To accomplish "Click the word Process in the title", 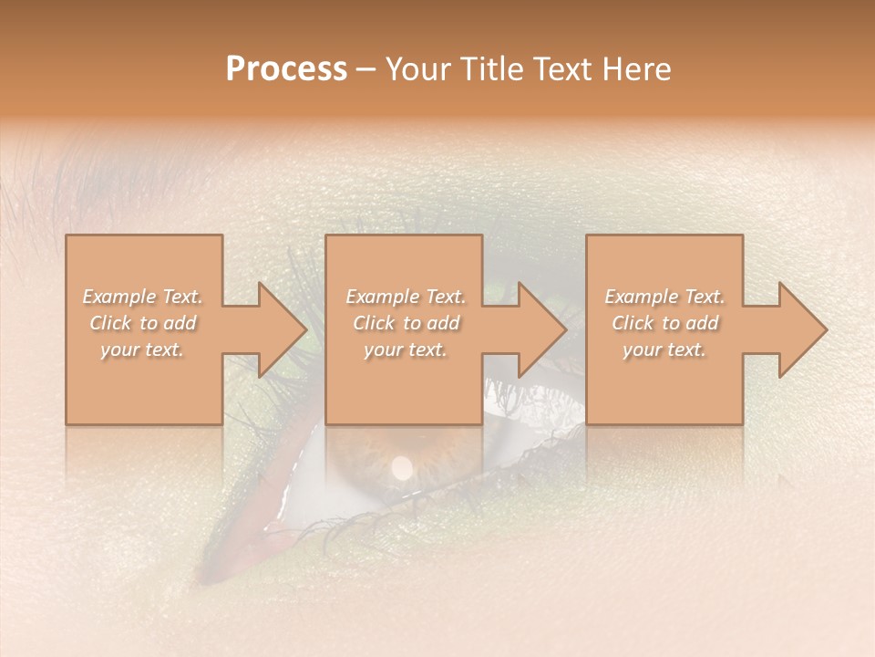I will [x=286, y=69].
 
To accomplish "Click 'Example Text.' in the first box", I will [x=143, y=297].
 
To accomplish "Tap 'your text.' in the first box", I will [x=143, y=349].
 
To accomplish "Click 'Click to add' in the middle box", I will [x=406, y=323].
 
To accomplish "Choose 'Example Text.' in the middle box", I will [x=406, y=297].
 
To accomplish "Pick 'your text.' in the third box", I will [x=664, y=349].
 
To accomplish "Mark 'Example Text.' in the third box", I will [x=664, y=297].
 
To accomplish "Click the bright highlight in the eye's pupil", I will [x=401, y=467].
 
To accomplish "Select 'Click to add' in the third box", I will [x=664, y=323].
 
